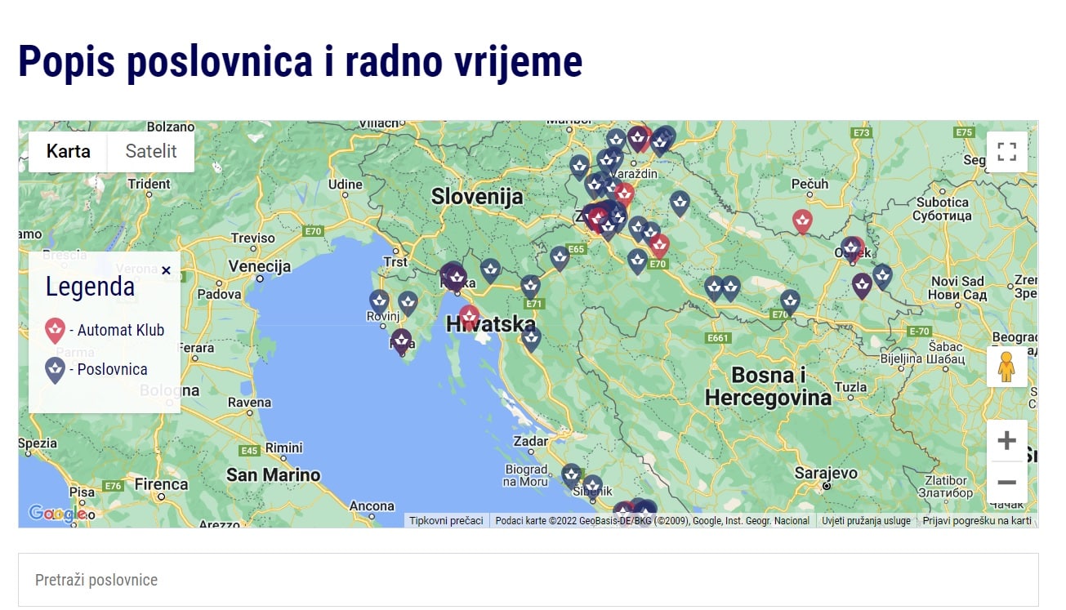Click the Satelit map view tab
(x=151, y=151)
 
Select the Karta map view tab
(x=69, y=151)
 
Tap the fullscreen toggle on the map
(x=1006, y=152)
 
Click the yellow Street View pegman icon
(x=1006, y=367)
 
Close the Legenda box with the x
(x=166, y=270)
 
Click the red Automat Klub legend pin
(x=55, y=331)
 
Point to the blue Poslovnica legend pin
(x=55, y=370)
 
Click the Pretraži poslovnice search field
(x=528, y=580)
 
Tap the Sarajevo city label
(x=826, y=473)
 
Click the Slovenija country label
(x=477, y=197)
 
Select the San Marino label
(x=273, y=475)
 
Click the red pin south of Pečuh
(x=802, y=220)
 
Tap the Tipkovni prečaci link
(x=446, y=520)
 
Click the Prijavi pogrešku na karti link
(x=977, y=520)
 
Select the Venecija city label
(x=260, y=266)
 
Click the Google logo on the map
(x=56, y=513)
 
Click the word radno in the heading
(x=399, y=61)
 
